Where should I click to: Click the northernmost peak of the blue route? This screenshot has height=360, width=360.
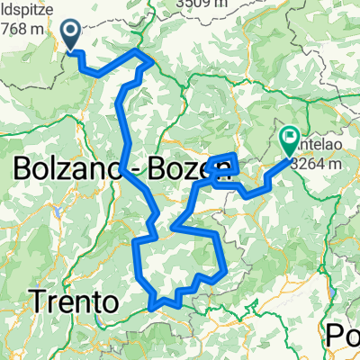coord(139,51)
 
